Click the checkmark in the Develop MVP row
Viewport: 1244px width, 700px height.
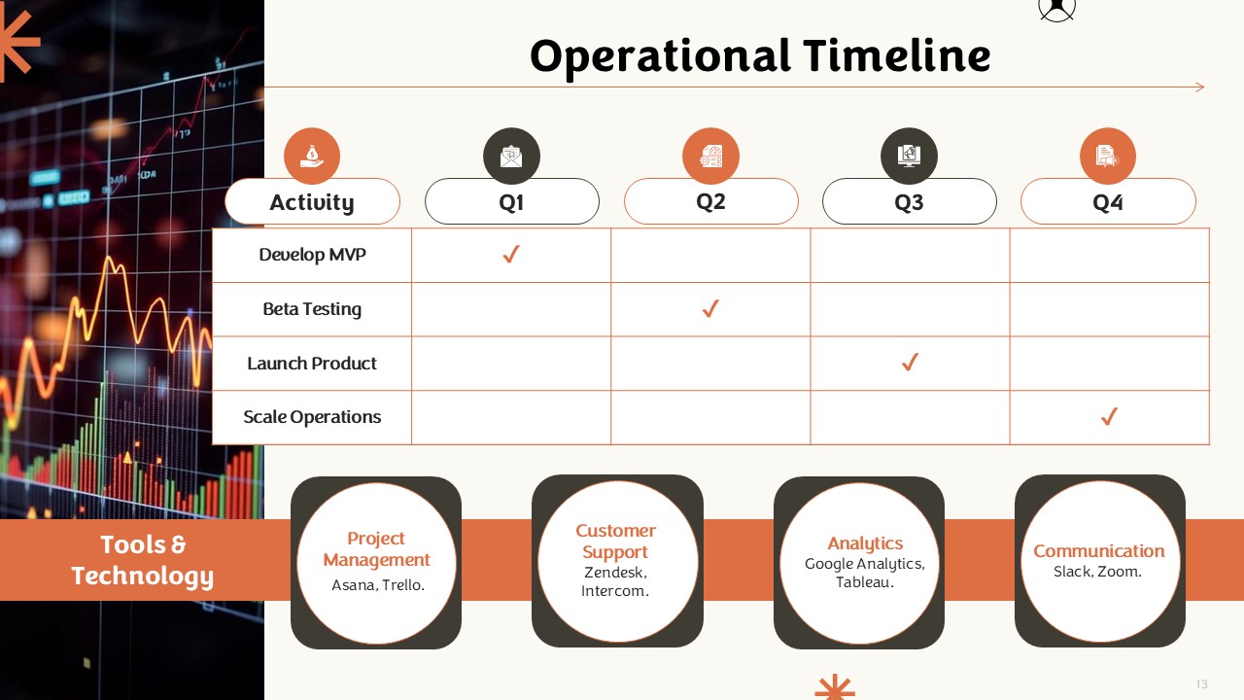tap(511, 254)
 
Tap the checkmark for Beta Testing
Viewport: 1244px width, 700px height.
tap(710, 308)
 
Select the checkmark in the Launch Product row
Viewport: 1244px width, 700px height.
tap(910, 363)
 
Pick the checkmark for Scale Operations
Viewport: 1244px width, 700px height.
tap(1109, 416)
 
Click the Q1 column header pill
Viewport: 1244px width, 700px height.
tap(511, 201)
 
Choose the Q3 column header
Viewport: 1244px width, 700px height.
tap(909, 201)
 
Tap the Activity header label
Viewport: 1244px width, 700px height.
tap(312, 202)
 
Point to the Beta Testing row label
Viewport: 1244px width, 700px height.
tap(312, 309)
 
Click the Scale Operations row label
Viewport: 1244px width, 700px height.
tap(312, 417)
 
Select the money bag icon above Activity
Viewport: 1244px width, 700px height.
tap(312, 156)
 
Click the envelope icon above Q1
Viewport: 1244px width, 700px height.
tap(511, 156)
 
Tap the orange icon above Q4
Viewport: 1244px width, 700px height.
tap(1107, 156)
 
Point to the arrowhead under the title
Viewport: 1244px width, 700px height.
tap(1200, 87)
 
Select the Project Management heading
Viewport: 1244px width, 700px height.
tap(376, 549)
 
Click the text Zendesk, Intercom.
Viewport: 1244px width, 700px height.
tap(615, 581)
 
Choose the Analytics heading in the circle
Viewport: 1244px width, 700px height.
tap(865, 543)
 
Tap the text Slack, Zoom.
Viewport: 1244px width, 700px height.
tap(1097, 572)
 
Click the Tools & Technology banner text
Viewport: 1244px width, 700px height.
tap(142, 560)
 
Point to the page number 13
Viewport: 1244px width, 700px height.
tap(1202, 683)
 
